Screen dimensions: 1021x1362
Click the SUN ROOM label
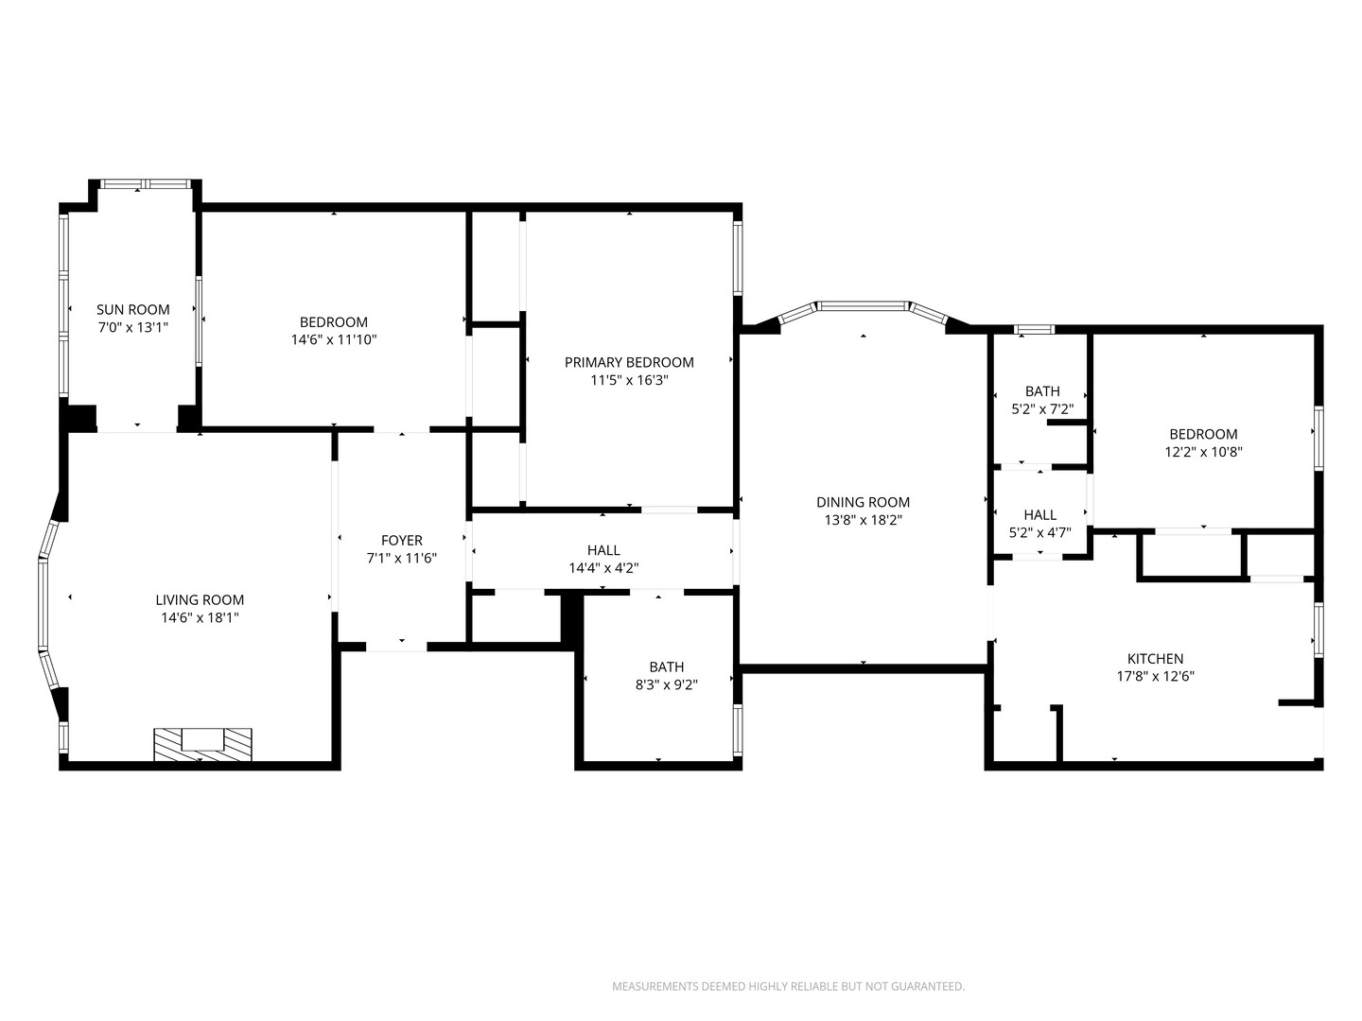pos(133,309)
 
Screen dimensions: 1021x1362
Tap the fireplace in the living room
pos(202,743)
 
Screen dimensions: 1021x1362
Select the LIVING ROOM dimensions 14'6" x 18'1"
pos(200,617)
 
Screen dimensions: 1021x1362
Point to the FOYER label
pos(401,541)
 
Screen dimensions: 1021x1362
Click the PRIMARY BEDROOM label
pos(629,362)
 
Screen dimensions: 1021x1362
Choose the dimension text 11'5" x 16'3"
pos(629,380)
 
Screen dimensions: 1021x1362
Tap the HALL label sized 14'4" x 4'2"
pos(603,550)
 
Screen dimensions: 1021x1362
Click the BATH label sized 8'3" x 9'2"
pos(666,666)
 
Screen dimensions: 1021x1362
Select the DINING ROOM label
pos(863,502)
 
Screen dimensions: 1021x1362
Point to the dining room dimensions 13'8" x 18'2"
pos(863,520)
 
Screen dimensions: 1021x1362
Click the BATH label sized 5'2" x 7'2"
pos(1042,391)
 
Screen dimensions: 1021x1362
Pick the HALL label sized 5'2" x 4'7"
pos(1039,515)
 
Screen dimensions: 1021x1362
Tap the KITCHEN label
pos(1155,659)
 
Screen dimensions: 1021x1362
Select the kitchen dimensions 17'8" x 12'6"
pos(1155,677)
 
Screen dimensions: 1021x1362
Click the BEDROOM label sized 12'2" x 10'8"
pos(1203,434)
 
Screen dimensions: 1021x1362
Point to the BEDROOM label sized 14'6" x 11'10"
pos(334,321)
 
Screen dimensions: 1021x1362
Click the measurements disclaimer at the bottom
pos(788,986)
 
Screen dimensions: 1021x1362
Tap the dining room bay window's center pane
pos(862,305)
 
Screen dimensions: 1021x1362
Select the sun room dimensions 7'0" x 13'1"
pos(133,327)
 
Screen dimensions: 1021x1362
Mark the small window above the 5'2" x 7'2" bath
pos(1034,330)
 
